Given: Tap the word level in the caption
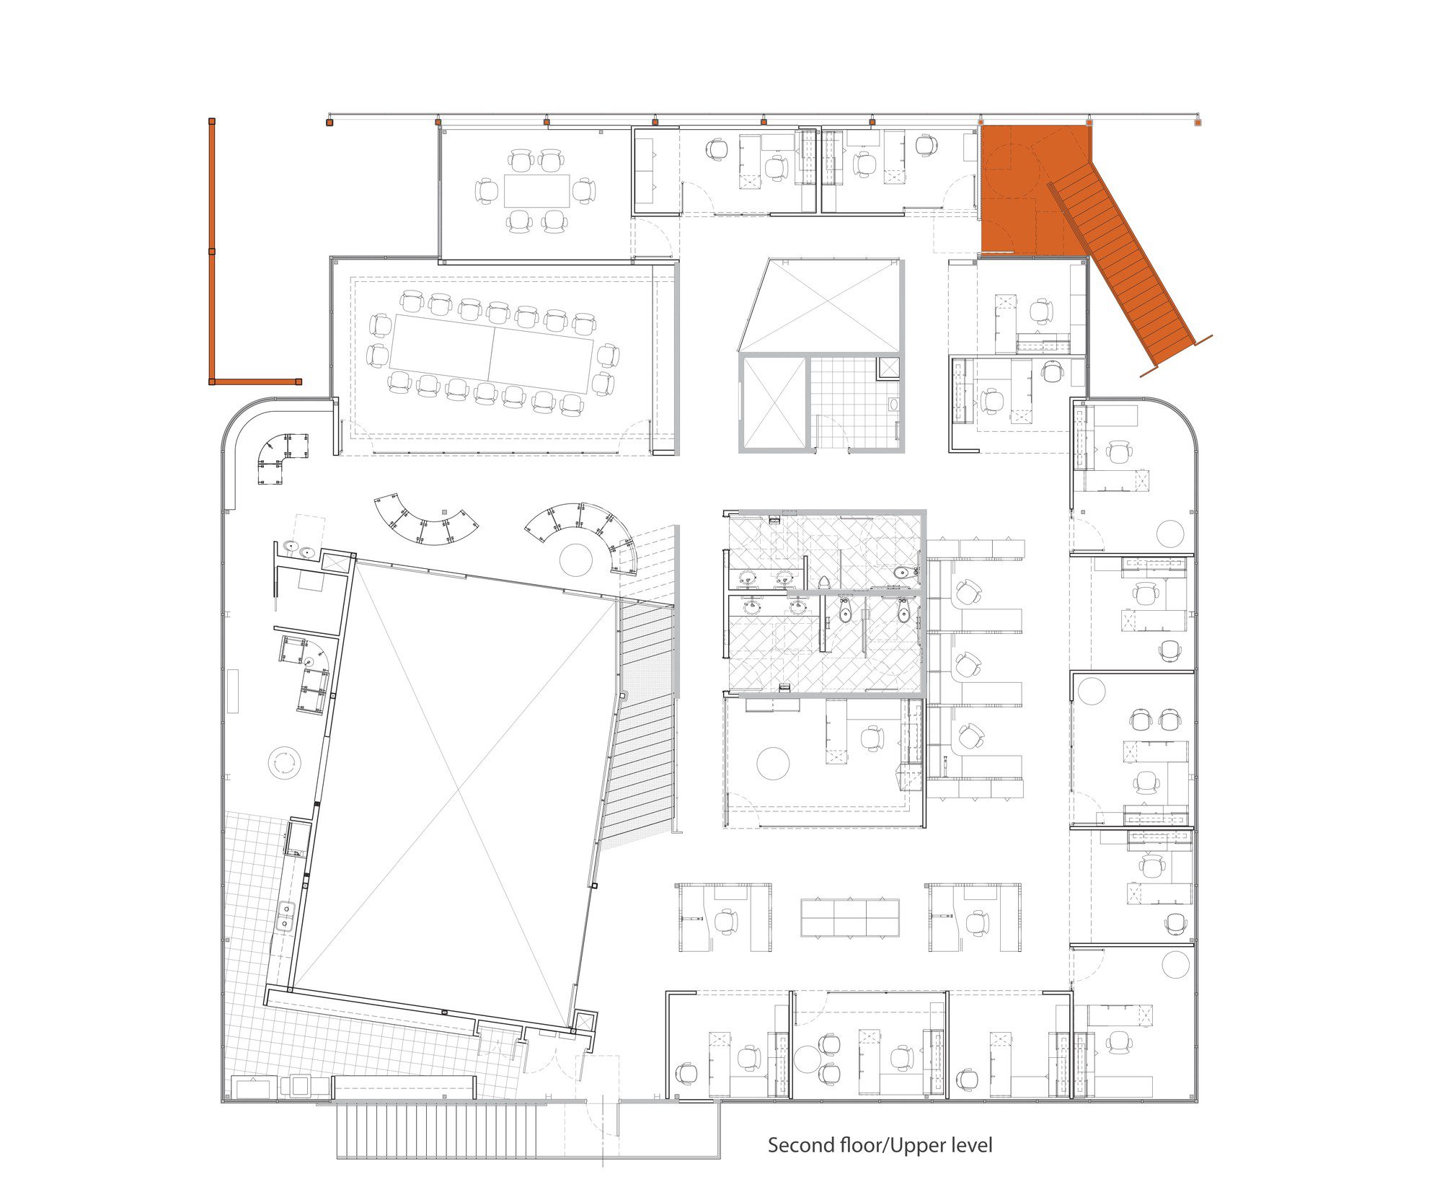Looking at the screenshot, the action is tap(972, 1144).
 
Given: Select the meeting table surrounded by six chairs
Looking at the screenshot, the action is tap(536, 191).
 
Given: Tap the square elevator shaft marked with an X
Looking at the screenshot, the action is tap(773, 403).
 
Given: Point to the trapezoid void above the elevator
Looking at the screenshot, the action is tap(820, 306).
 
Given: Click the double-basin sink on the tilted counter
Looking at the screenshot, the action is tap(286, 916).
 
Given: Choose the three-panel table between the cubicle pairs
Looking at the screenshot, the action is tap(850, 917).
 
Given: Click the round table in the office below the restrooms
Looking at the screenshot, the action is tap(773, 762).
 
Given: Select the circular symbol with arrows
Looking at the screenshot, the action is tap(283, 762).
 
